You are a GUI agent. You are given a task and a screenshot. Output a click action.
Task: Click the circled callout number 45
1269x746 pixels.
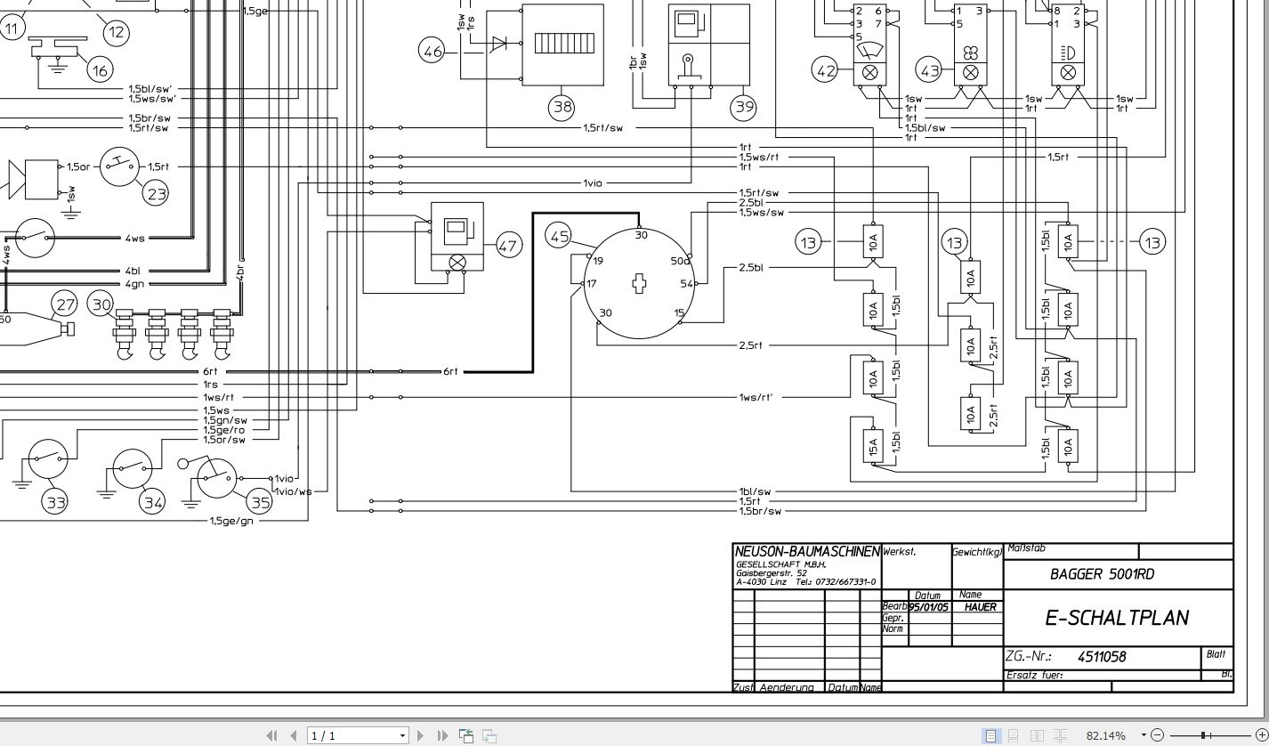559,237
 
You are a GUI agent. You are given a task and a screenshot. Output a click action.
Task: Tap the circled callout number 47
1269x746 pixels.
507,246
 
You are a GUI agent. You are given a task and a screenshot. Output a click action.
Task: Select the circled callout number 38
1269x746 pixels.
562,108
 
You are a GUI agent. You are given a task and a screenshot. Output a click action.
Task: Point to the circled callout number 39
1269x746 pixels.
743,108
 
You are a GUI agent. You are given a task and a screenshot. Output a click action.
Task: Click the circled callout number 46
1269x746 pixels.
432,52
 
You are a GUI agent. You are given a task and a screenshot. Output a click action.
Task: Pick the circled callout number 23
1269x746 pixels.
157,193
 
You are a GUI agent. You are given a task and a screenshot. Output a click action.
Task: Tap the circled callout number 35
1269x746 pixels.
260,502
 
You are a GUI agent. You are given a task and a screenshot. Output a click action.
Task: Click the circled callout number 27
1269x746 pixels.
65,304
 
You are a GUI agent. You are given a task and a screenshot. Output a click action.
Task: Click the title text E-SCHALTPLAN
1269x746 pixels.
1117,618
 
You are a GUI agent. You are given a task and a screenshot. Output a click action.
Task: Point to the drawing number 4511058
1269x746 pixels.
1101,657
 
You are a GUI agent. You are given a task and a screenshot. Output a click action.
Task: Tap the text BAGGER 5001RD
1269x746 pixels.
1102,574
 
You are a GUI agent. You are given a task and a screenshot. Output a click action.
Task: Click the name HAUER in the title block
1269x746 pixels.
980,607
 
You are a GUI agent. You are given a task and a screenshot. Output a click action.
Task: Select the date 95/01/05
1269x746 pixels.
928,607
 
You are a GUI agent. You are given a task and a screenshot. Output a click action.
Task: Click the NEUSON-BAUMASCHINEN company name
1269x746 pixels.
806,552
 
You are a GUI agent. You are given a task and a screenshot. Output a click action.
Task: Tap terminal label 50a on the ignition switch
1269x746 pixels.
680,261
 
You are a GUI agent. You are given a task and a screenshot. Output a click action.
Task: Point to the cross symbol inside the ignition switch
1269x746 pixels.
639,283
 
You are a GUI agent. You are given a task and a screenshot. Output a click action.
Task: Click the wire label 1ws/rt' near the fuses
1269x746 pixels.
755,397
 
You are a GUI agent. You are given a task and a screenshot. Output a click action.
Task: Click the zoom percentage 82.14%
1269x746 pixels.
1105,735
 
